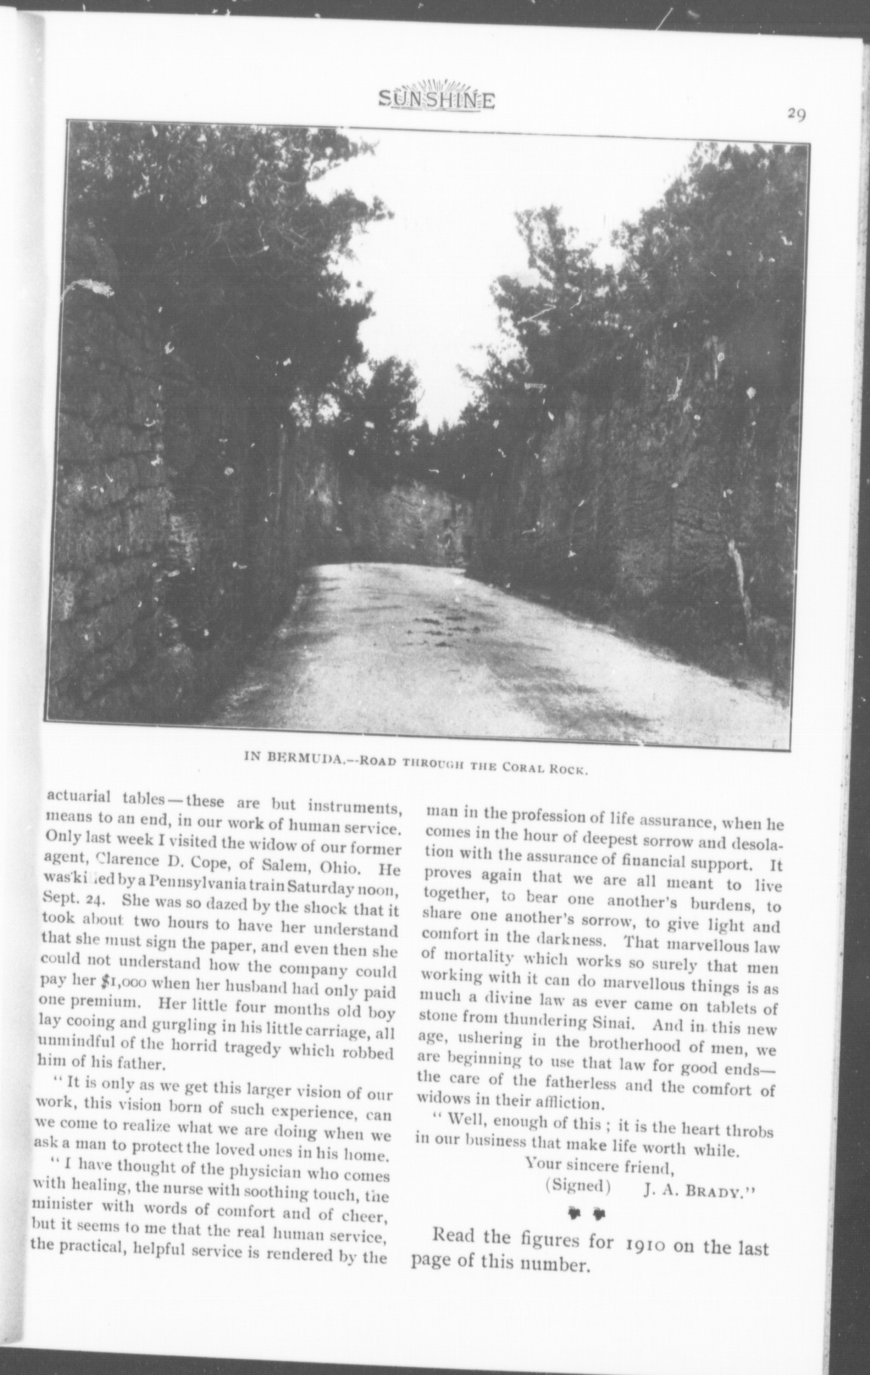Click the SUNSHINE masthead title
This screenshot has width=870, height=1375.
[436, 100]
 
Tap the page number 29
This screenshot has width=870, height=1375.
[796, 114]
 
